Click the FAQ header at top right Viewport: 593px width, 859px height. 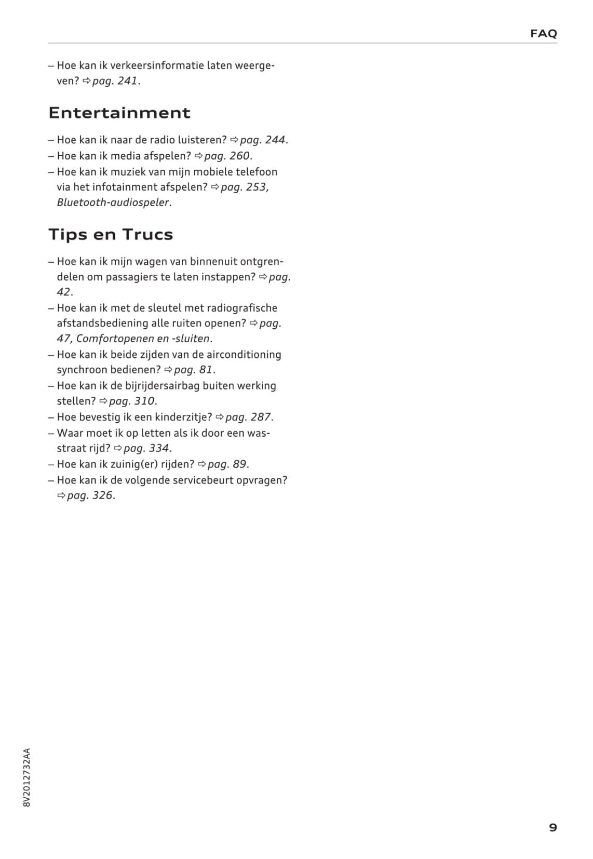tap(543, 34)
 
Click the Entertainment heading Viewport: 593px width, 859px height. tap(119, 113)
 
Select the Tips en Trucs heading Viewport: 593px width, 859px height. tap(111, 234)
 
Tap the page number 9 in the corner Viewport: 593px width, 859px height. tap(552, 827)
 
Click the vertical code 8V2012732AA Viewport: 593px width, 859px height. tap(27, 777)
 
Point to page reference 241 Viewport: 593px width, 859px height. tap(127, 81)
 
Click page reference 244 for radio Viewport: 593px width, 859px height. tap(275, 140)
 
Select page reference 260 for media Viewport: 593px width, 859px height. tap(240, 156)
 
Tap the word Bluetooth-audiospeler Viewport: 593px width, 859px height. tap(113, 203)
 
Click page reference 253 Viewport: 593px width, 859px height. tap(257, 187)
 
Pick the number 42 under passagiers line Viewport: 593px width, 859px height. tap(63, 292)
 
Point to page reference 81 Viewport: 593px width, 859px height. tap(206, 370)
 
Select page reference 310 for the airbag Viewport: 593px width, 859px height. tap(144, 401)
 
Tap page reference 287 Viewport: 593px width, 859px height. tap(261, 417)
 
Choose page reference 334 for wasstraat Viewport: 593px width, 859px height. tap(159, 448)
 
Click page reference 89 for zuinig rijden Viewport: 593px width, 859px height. tap(239, 464)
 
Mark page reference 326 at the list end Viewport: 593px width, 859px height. tap(102, 495)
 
